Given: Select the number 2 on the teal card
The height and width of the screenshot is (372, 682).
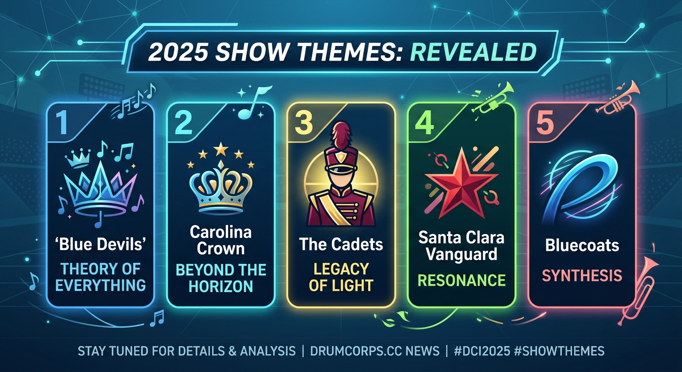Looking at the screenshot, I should pyautogui.click(x=183, y=124).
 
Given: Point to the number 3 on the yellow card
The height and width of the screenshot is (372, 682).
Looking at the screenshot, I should pyautogui.click(x=303, y=124).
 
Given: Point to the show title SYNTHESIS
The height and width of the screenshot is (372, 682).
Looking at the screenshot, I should pyautogui.click(x=582, y=276).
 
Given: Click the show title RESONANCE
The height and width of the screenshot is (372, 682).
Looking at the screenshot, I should pyautogui.click(x=462, y=280).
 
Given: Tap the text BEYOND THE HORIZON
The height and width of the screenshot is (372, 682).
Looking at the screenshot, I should pyautogui.click(x=220, y=278).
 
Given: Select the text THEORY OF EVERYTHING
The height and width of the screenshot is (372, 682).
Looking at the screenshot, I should pyautogui.click(x=100, y=277).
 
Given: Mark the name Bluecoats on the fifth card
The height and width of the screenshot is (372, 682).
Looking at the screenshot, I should pyautogui.click(x=582, y=245).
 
